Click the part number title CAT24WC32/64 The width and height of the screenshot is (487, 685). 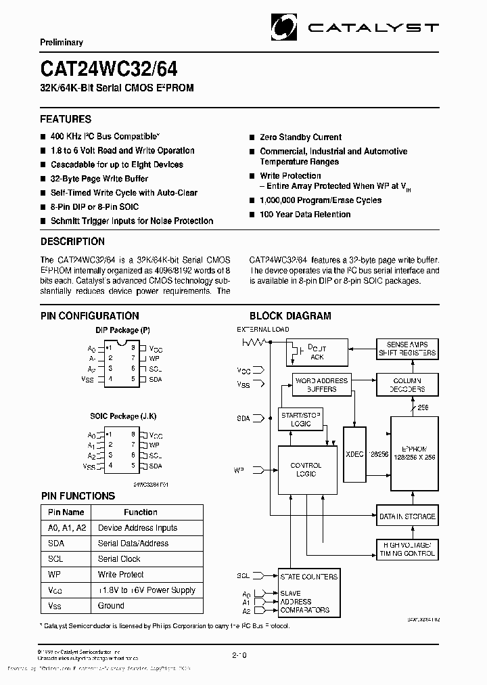[x=109, y=69]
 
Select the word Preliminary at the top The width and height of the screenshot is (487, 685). [x=61, y=42]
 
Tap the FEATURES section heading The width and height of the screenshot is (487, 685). [x=66, y=119]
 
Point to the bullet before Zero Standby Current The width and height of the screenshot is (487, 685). [x=252, y=137]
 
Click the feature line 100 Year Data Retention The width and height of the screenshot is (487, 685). [x=305, y=215]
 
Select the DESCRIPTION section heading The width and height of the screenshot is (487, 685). [x=72, y=242]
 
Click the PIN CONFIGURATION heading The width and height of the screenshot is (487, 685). [x=89, y=315]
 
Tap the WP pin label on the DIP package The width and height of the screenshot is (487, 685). [x=154, y=357]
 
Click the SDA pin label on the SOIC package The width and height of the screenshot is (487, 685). [x=156, y=466]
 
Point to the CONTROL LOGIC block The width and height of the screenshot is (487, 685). [x=306, y=470]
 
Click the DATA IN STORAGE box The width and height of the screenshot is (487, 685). [x=407, y=517]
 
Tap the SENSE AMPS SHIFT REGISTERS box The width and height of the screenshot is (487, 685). [x=407, y=349]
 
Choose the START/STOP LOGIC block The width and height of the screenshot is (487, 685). [x=301, y=419]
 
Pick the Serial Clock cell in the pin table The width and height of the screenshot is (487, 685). [x=119, y=559]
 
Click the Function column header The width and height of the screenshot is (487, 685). [x=141, y=512]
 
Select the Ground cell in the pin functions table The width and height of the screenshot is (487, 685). [x=111, y=606]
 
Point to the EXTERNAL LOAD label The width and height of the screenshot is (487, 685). [x=262, y=330]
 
